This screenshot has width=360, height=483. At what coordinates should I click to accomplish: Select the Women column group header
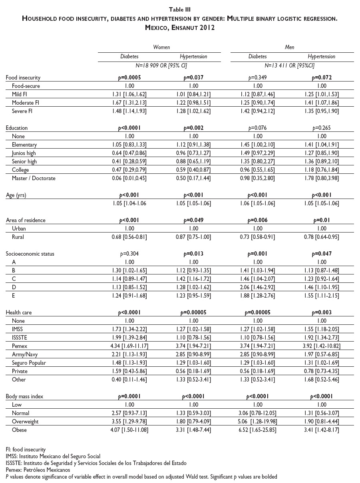tap(161, 47)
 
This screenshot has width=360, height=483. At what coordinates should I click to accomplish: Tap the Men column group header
tap(289, 47)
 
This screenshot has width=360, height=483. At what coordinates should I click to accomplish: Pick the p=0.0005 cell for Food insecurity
tap(129, 78)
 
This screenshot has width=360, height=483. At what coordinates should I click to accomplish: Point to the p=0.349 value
tap(258, 78)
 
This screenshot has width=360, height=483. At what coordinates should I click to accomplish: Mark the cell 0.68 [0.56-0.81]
tap(129, 237)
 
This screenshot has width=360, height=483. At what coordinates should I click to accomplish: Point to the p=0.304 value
tap(129, 254)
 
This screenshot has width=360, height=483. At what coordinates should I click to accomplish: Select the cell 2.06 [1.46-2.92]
tap(258, 287)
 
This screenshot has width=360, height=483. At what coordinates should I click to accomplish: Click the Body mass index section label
tap(24, 396)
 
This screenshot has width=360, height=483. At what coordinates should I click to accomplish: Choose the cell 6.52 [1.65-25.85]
tap(258, 430)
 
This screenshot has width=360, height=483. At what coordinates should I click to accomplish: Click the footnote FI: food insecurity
tap(26, 449)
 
